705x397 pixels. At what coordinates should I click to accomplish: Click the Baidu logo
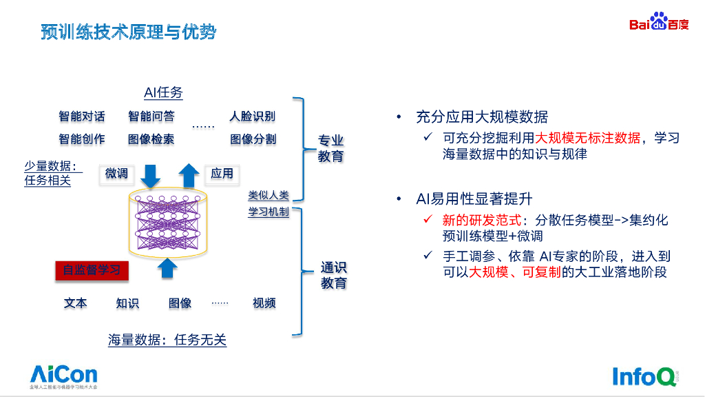[x=658, y=23]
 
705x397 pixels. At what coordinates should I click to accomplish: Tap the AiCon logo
[x=63, y=376]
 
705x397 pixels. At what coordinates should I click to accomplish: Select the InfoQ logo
[x=644, y=376]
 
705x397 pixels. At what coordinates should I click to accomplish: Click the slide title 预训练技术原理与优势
[x=128, y=32]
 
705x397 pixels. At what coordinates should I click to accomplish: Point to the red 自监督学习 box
[x=92, y=270]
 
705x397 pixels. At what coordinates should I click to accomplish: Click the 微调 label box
[x=116, y=174]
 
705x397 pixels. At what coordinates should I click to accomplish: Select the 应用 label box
[x=222, y=174]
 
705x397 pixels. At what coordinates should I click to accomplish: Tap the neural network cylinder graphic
[x=167, y=222]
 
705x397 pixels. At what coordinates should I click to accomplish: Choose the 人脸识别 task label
[x=252, y=116]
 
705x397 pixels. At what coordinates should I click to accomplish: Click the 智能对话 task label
[x=82, y=116]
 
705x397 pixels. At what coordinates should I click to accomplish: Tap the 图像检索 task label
[x=151, y=139]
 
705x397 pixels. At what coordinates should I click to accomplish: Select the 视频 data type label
[x=264, y=303]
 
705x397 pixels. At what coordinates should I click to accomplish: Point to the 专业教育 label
[x=330, y=149]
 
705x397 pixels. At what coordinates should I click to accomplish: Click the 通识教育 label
[x=333, y=276]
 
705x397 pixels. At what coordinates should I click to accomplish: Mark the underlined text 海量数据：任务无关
[x=167, y=340]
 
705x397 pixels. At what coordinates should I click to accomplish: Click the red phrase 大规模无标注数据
[x=588, y=138]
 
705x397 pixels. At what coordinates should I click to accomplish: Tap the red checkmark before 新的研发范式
[x=428, y=220]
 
